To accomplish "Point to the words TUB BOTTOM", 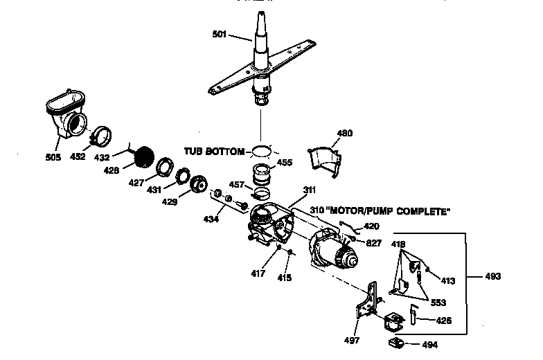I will [x=214, y=150].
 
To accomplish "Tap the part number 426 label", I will [x=443, y=320].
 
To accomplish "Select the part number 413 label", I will [x=448, y=281].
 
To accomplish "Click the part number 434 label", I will [x=211, y=219].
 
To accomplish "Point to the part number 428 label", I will [x=112, y=170].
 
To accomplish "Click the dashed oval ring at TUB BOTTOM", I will [x=260, y=150].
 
